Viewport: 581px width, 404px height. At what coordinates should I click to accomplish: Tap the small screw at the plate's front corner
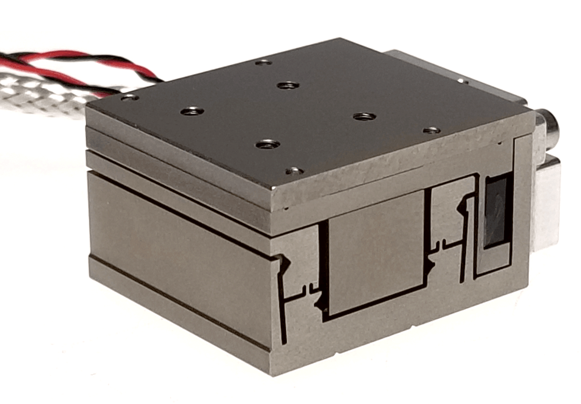tap(294, 171)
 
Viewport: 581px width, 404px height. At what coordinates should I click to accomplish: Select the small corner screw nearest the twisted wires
tap(129, 97)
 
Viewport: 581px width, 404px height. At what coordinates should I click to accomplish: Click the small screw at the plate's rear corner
tap(263, 62)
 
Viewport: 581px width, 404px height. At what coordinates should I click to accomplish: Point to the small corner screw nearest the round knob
tap(431, 130)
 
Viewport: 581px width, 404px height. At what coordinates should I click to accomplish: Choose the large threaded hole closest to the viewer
tap(267, 144)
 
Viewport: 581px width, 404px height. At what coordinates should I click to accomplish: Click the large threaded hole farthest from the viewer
tap(288, 85)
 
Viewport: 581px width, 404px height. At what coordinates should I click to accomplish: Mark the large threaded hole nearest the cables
tap(192, 112)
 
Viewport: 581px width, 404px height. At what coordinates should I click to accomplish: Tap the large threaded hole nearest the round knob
tap(364, 116)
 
